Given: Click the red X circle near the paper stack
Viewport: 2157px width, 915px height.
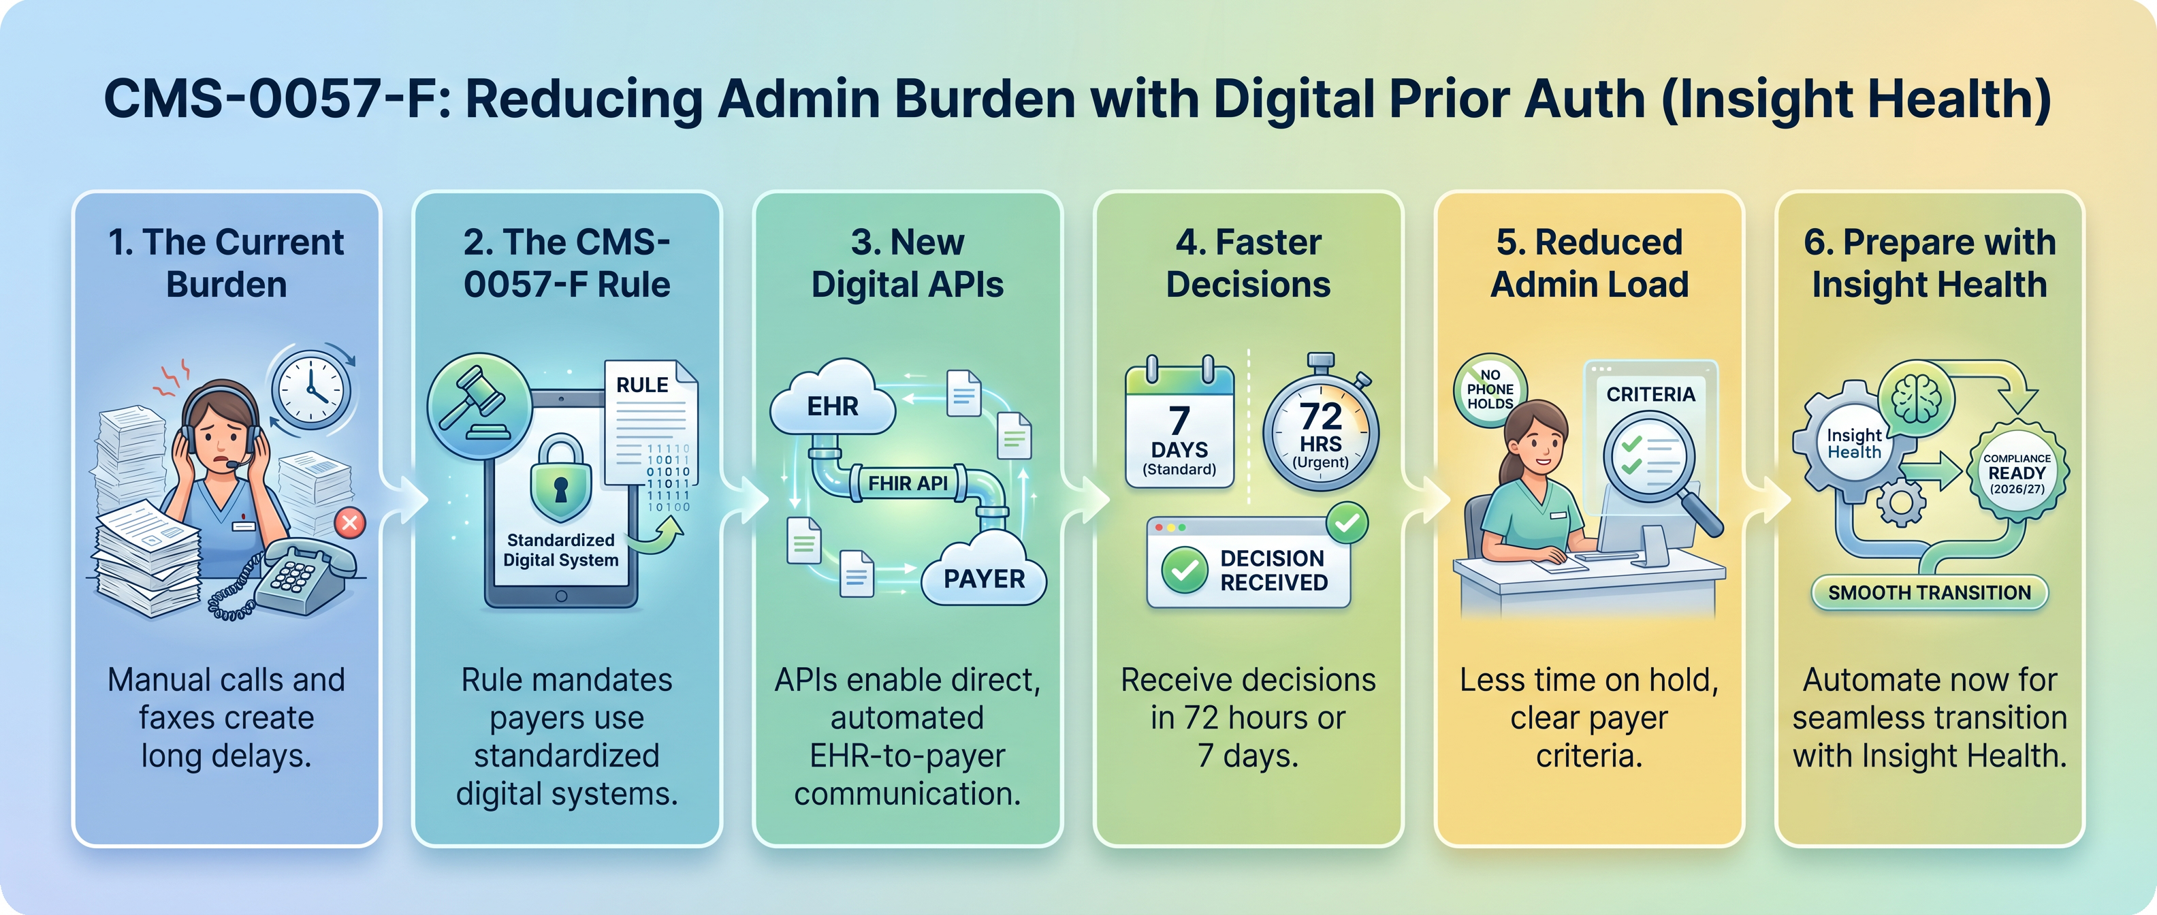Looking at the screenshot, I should click(x=349, y=524).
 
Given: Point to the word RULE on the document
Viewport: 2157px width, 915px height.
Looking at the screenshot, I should click(x=642, y=385).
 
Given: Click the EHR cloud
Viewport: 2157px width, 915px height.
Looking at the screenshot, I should click(x=832, y=406).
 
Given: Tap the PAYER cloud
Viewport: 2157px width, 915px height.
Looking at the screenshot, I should click(x=984, y=577).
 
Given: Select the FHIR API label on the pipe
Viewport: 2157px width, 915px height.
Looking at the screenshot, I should click(x=908, y=483).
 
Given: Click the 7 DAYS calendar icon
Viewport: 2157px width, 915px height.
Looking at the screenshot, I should click(x=1179, y=427).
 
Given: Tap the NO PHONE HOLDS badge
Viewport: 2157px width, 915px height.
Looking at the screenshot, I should click(x=1490, y=390).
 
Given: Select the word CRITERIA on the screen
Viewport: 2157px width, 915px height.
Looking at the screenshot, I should click(x=1650, y=394).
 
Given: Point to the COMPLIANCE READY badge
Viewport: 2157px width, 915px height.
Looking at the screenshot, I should click(x=2017, y=473).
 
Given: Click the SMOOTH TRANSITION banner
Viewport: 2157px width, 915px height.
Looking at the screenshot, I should click(x=1929, y=593).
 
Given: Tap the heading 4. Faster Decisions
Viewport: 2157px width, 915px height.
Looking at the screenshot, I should click(x=1247, y=263).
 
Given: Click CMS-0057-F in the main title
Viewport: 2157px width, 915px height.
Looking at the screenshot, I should click(x=276, y=99).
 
